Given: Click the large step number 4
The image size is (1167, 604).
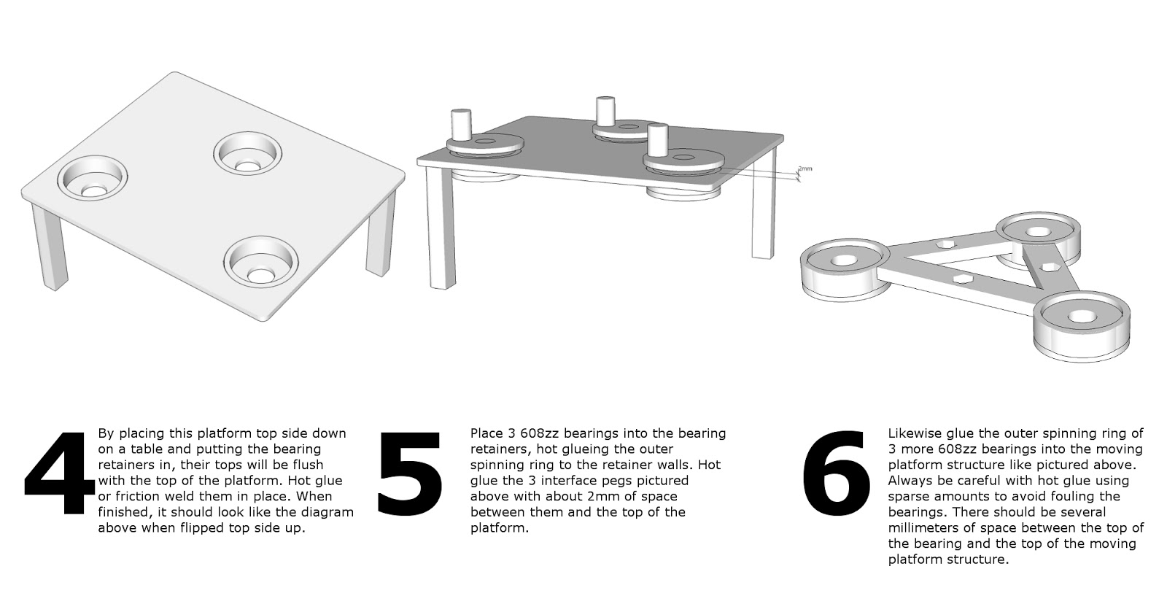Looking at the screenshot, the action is (x=59, y=473).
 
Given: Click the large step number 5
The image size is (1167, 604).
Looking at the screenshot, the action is (x=410, y=473).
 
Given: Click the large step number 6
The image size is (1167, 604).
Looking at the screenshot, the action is (x=836, y=473).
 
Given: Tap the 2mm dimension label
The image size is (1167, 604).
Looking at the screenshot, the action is (x=805, y=169).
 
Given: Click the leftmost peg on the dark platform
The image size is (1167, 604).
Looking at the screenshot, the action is (x=461, y=125).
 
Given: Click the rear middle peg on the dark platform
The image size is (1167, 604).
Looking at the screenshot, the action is (x=605, y=111).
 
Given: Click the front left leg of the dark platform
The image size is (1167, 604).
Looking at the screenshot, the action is (x=441, y=227).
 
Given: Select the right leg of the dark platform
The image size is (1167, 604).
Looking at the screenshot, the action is (x=764, y=204).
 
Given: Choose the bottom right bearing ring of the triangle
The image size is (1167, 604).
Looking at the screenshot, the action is (x=1082, y=326).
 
